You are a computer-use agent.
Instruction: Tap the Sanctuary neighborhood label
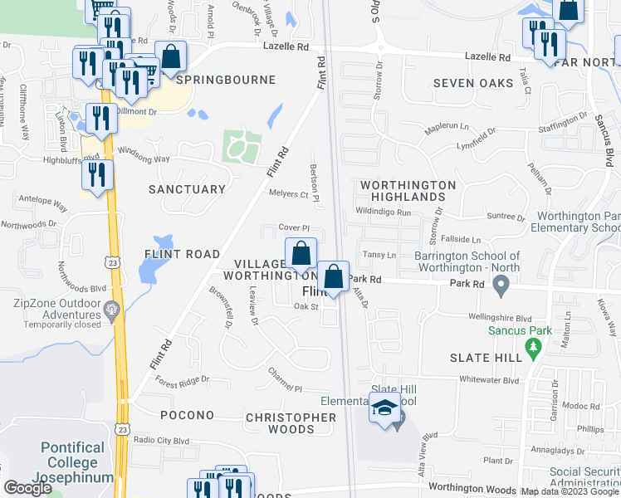tap(187, 189)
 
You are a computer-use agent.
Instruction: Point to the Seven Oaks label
tap(473, 83)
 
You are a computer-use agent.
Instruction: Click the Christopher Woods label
tap(291, 423)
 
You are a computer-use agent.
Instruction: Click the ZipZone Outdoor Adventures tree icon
tap(111, 312)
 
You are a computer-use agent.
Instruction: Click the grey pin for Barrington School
tap(501, 287)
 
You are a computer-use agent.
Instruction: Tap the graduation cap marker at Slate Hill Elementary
tap(385, 408)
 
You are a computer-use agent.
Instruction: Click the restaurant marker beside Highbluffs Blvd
tap(98, 174)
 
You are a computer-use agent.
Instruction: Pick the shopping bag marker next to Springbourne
tap(171, 58)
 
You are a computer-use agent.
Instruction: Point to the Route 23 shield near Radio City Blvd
tap(122, 430)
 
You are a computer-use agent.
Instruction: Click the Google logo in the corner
tap(27, 488)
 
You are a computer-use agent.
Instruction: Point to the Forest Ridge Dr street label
tap(183, 381)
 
